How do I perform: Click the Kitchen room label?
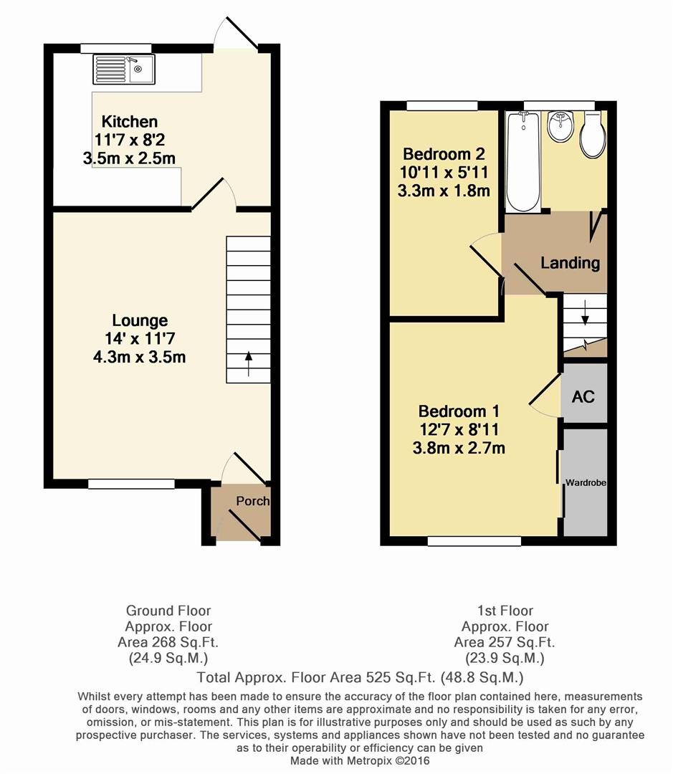point(129,121)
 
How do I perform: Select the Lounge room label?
point(139,320)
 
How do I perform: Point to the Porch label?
point(252,501)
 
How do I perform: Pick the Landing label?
point(570,262)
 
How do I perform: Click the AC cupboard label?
point(583,396)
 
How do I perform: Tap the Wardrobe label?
point(586,484)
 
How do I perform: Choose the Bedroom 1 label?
point(459,411)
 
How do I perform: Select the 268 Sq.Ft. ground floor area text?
point(168,642)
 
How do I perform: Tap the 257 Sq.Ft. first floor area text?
point(505,642)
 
